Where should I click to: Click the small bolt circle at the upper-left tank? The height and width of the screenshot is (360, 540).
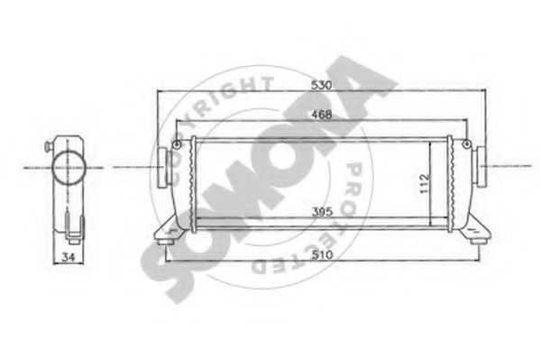click(178, 146)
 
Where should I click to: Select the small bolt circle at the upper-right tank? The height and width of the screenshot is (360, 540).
click(463, 146)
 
